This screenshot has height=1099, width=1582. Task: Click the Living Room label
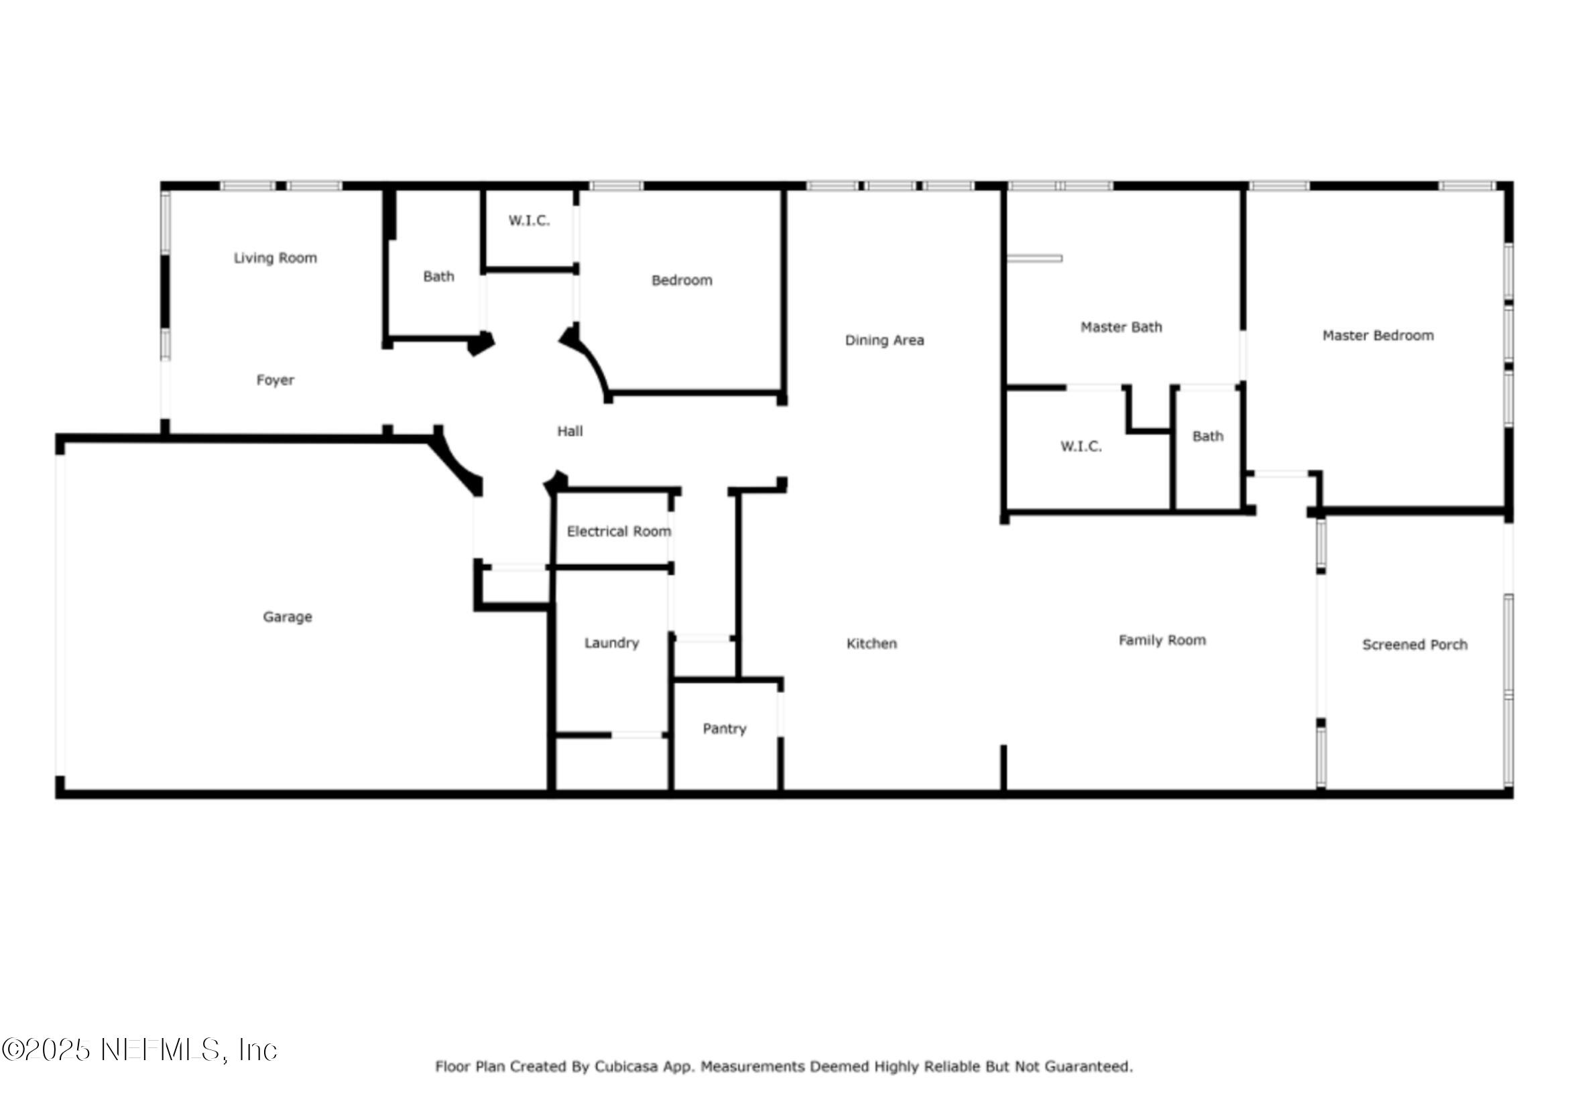click(275, 258)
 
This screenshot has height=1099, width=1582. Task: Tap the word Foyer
click(275, 380)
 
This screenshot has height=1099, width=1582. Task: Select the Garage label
click(287, 617)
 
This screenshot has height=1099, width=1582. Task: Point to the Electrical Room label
click(619, 531)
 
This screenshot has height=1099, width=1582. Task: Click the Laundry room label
click(611, 643)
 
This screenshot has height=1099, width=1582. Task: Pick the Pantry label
click(724, 728)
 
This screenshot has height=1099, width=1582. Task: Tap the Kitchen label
click(871, 644)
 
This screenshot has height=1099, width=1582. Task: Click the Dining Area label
click(884, 340)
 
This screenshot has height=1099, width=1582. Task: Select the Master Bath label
click(1121, 327)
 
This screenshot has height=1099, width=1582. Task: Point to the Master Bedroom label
click(1378, 336)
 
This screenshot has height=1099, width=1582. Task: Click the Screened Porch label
click(1414, 645)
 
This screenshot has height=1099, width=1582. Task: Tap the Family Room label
click(1162, 641)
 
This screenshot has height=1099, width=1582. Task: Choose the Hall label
click(570, 432)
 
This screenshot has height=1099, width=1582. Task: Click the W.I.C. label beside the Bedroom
click(529, 221)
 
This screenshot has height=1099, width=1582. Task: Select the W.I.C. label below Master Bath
click(1081, 447)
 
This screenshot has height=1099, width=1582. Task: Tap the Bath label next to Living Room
click(438, 277)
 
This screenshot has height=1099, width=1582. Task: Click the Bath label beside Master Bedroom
click(1207, 436)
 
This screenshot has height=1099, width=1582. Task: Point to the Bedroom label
click(681, 280)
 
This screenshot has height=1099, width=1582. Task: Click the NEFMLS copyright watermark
click(139, 1050)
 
